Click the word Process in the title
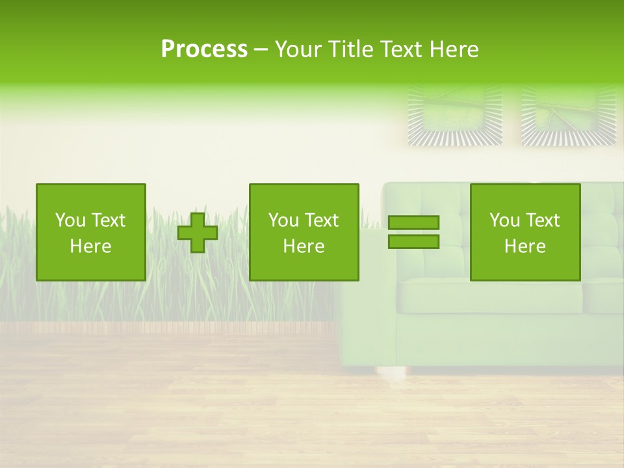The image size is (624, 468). coord(204,49)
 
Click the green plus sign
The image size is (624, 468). coord(198,233)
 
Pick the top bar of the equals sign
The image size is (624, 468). coord(413,222)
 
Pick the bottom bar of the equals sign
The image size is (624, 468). coord(413,242)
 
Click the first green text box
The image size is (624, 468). coord(91,233)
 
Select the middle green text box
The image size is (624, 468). coord(304,233)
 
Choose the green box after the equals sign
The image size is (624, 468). coord(525,233)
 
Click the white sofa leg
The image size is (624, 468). coord(390,374)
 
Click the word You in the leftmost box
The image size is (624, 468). coord(70,220)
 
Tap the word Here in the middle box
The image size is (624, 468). coord(304,246)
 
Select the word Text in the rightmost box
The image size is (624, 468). coord(542,220)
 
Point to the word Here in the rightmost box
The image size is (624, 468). coord(525,246)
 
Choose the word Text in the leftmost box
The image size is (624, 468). coord(108,220)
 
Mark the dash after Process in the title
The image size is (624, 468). coord(261,50)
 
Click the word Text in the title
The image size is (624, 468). coord(401,49)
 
